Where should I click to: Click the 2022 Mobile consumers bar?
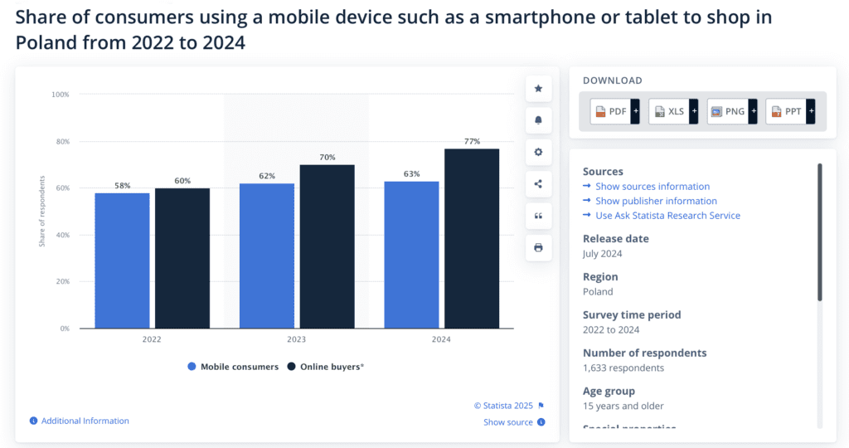point(122,261)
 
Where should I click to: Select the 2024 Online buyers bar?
point(472,238)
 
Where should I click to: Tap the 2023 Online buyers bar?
point(327,246)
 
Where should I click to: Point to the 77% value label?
point(472,142)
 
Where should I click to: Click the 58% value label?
point(123,186)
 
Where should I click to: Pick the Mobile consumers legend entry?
point(233,367)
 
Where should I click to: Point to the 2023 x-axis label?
point(296,340)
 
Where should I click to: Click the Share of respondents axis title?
point(41,212)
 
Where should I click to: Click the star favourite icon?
point(538,88)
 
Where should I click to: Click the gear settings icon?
point(538,152)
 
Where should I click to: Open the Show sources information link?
point(652,187)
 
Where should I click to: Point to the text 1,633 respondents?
point(623,368)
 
